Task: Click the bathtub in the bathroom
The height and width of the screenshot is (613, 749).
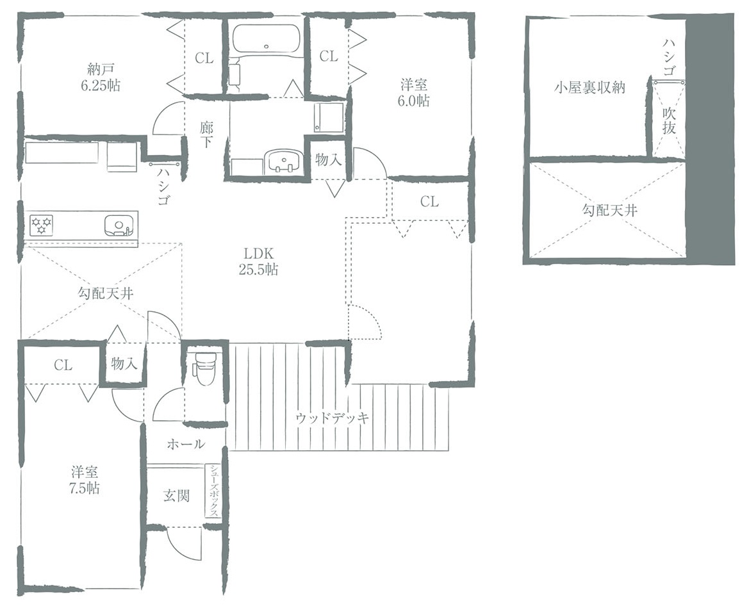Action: (266, 39)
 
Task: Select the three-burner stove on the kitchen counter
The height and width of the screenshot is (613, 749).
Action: (42, 224)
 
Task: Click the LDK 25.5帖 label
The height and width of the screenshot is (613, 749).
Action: (258, 261)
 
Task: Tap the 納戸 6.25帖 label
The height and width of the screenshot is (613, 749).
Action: (101, 78)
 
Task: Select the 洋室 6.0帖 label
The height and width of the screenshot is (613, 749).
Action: (414, 93)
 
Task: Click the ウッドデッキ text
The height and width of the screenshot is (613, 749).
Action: (332, 418)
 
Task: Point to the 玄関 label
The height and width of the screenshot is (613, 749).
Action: (176, 496)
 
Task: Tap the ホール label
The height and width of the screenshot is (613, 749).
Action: (186, 444)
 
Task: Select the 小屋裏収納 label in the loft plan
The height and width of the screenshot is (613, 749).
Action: (589, 87)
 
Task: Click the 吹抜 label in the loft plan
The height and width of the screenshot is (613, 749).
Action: (669, 121)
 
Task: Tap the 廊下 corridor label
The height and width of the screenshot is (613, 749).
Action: (206, 135)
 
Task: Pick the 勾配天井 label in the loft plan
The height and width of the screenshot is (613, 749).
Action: (609, 210)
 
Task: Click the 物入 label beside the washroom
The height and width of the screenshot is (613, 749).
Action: (329, 160)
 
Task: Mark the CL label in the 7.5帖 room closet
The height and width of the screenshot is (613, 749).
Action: (63, 365)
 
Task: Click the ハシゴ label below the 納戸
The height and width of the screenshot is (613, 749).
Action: (163, 186)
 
